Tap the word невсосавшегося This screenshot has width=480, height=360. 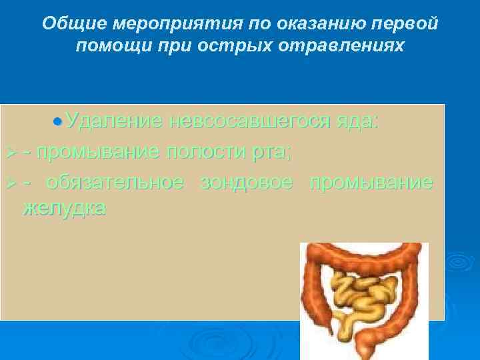pyautogui.click(x=249, y=121)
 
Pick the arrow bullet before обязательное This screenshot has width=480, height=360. pyautogui.click(x=9, y=183)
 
